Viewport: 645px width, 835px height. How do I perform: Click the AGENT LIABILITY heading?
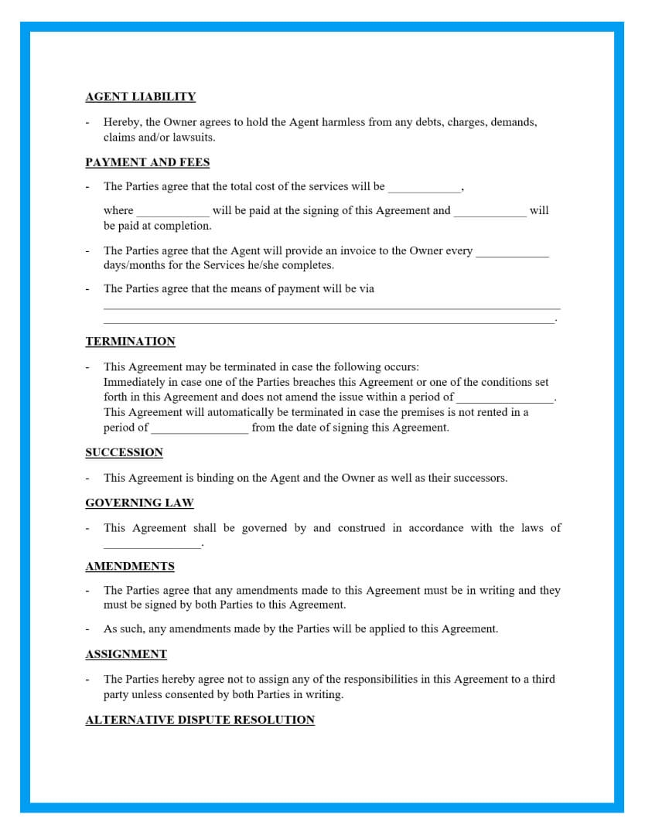[x=140, y=97]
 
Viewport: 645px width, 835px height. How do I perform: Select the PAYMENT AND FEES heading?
[x=147, y=162]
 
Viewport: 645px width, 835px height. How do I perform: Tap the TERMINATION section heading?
[x=130, y=342]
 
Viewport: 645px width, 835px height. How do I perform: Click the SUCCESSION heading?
[x=124, y=452]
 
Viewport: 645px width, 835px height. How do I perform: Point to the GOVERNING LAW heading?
[x=139, y=503]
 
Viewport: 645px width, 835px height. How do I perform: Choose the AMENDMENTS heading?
[x=130, y=567]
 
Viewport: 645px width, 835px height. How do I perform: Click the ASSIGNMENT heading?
[x=126, y=654]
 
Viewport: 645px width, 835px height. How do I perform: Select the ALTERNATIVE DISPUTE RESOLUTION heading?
[x=200, y=720]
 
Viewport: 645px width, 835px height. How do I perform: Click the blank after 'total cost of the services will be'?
[x=424, y=189]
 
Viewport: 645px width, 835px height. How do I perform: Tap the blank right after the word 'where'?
[x=172, y=213]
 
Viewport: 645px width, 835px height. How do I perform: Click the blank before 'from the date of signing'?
[x=200, y=430]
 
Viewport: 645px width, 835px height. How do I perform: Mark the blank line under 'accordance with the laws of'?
[x=152, y=546]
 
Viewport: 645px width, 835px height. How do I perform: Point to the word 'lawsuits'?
[x=193, y=138]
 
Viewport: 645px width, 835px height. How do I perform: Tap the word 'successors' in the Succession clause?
[x=479, y=478]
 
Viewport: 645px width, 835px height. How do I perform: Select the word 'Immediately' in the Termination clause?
[x=133, y=382]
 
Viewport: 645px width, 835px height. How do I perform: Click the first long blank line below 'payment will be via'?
[x=331, y=308]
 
